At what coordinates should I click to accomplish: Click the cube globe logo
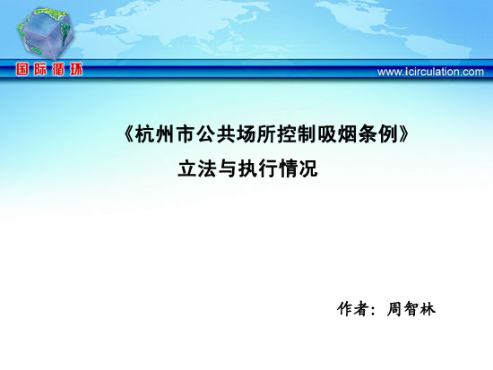(45, 33)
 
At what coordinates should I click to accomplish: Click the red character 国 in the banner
(22, 69)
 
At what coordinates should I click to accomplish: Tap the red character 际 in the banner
(40, 69)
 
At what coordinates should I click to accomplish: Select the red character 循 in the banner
(58, 69)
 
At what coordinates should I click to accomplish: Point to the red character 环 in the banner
(76, 69)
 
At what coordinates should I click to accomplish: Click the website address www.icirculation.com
(430, 72)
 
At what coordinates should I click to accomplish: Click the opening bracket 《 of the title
(129, 135)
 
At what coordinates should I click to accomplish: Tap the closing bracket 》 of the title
(403, 135)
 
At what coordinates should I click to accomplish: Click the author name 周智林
(411, 309)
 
